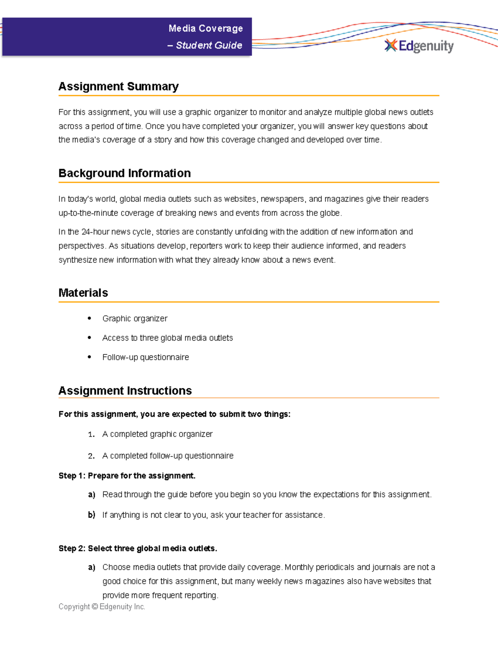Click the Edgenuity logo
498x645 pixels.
tap(419, 46)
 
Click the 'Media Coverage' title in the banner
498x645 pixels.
tap(205, 29)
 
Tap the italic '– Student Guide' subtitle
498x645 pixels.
tap(205, 45)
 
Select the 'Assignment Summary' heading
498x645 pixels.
tap(118, 86)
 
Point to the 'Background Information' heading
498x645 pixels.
tap(124, 173)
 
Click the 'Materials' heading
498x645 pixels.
tap(83, 293)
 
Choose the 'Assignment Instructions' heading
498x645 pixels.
tap(125, 391)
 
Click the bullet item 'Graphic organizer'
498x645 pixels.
tap(135, 319)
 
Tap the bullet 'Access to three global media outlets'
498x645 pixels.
tap(167, 338)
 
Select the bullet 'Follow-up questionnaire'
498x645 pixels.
tap(145, 357)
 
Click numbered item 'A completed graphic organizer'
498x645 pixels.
tap(157, 434)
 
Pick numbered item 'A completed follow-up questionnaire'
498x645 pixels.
tap(168, 456)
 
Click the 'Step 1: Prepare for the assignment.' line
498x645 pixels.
tap(127, 476)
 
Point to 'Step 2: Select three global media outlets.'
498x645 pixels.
tap(138, 548)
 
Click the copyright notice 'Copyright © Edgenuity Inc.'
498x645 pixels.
tap(102, 607)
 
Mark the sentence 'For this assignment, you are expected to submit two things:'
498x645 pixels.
tap(174, 414)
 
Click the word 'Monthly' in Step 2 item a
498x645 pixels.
tap(299, 567)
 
